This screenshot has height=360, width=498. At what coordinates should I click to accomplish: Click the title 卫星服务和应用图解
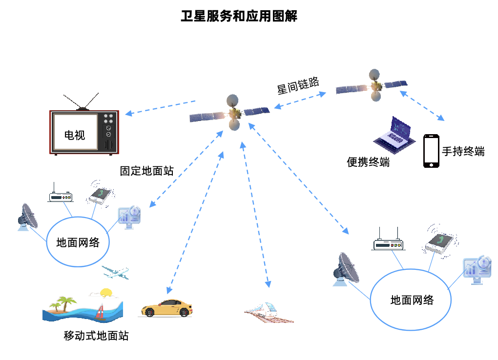239,17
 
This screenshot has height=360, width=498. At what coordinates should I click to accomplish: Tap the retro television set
83,130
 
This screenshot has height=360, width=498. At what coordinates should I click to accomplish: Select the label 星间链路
298,86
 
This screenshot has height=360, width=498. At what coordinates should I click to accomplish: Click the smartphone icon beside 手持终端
431,151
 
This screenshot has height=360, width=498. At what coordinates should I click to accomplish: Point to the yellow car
166,308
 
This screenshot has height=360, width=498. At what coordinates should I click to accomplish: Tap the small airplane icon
116,272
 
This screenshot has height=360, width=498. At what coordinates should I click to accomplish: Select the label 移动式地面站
96,336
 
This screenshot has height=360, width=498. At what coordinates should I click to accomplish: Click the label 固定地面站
146,171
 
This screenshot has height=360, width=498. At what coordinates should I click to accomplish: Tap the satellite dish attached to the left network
28,218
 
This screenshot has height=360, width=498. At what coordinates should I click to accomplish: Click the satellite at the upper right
373,86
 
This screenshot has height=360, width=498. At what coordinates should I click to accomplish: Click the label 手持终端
463,151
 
